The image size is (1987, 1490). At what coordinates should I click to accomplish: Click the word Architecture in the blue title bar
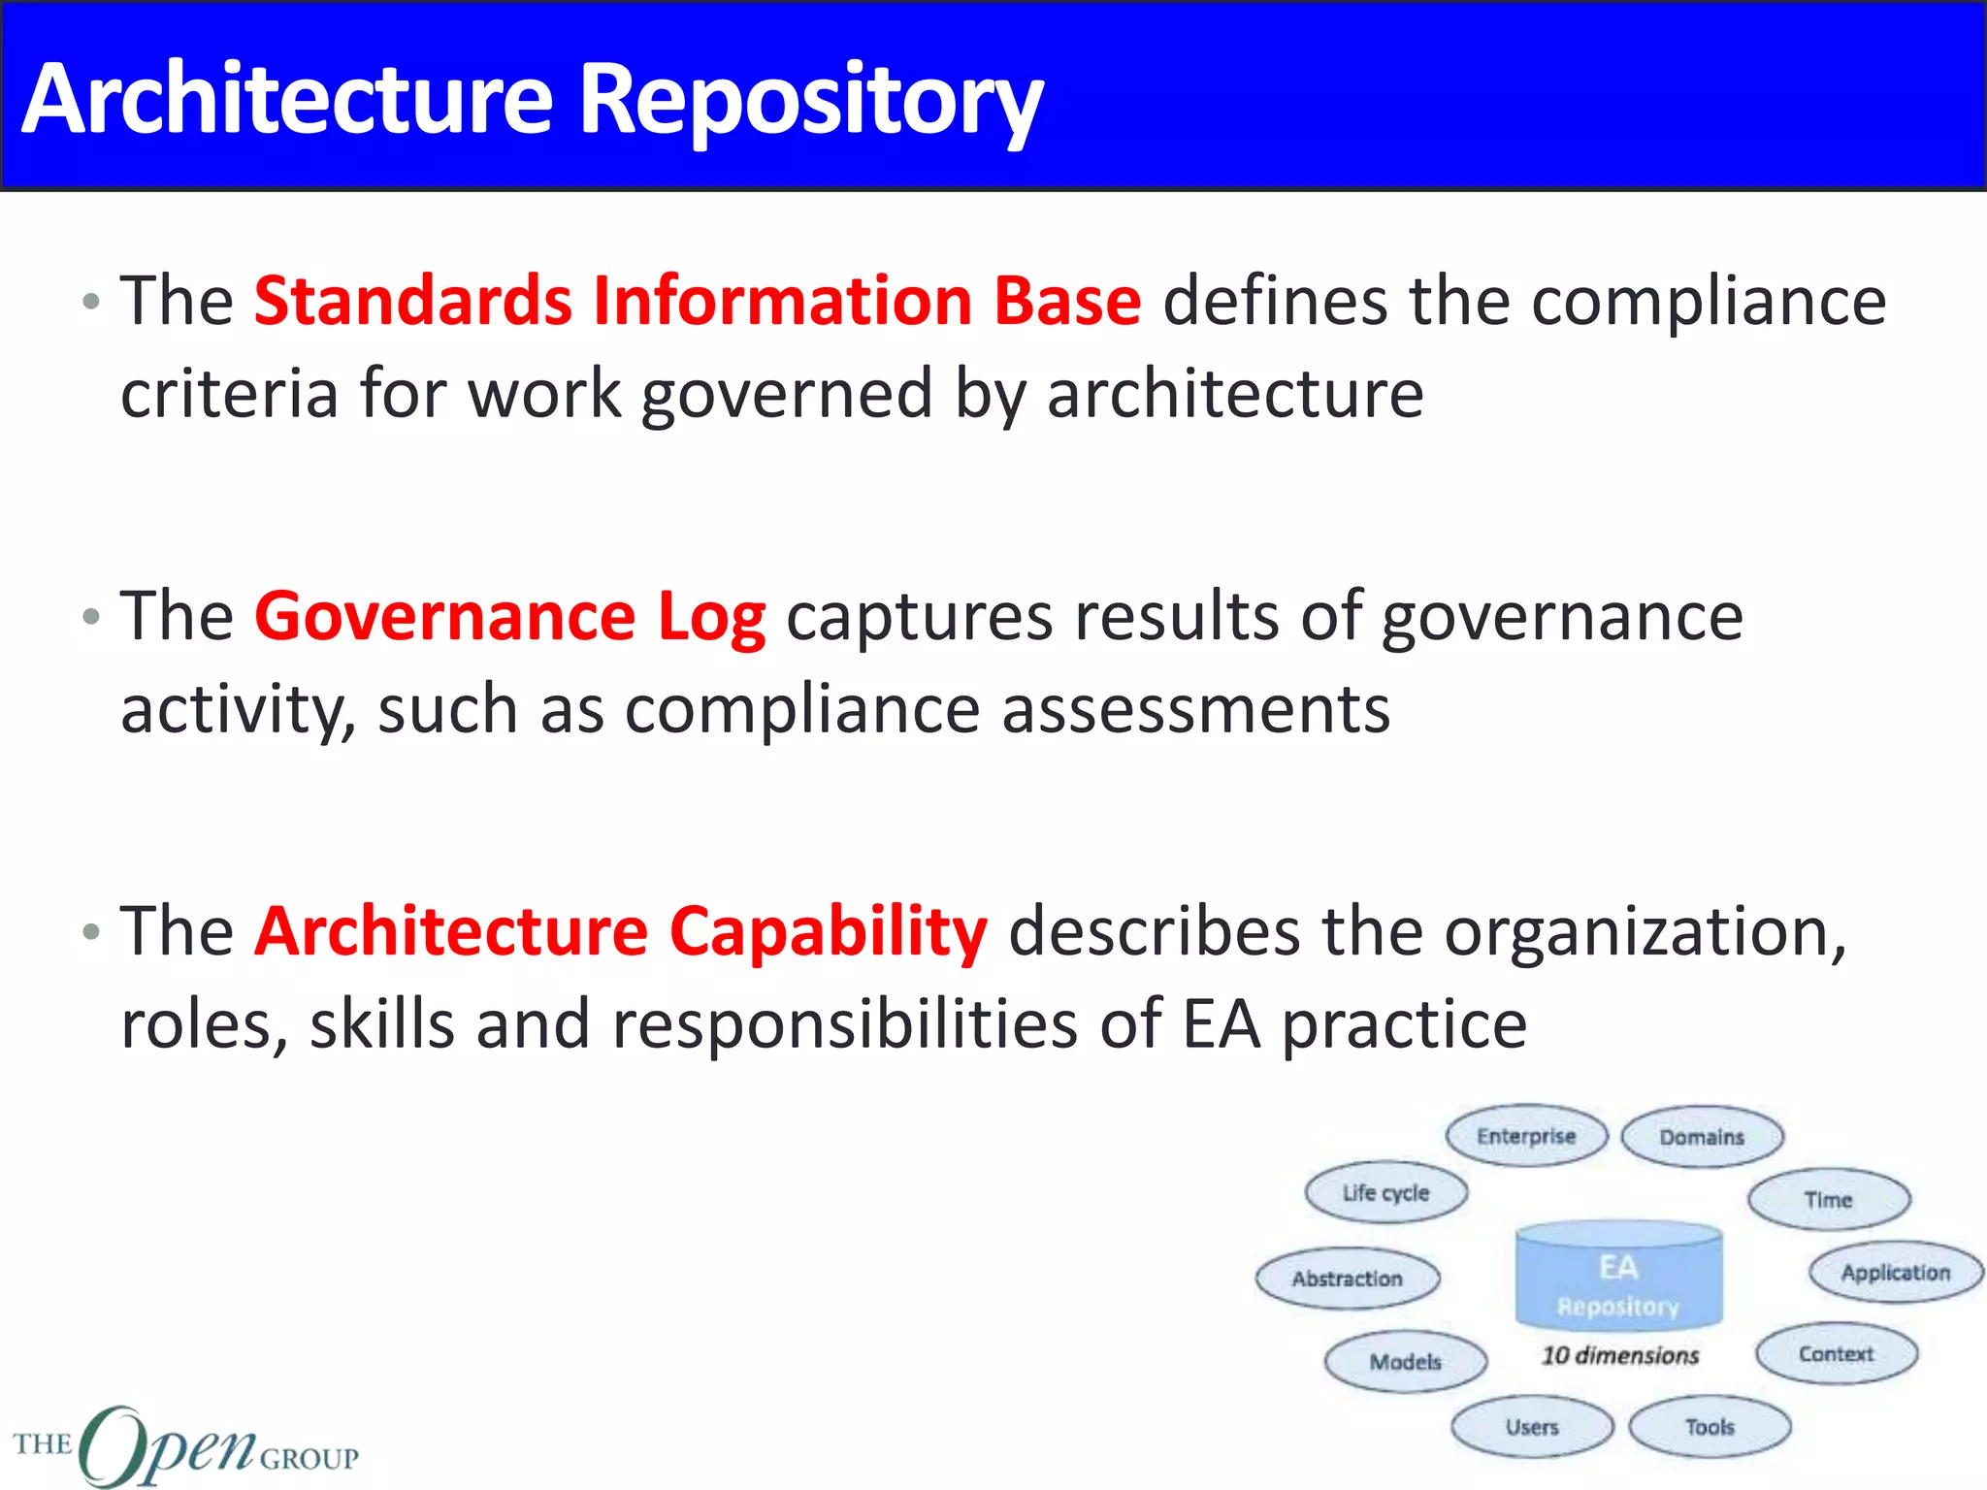(287, 100)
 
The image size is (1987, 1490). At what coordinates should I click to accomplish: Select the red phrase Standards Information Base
(698, 301)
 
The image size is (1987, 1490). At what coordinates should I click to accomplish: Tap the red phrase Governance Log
(509, 617)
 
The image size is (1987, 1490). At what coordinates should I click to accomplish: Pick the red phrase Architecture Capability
(621, 932)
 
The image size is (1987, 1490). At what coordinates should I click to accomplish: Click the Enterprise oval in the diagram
(1526, 1136)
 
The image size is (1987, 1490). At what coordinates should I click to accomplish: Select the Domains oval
(1702, 1137)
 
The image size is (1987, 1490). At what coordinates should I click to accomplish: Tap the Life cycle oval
(1385, 1193)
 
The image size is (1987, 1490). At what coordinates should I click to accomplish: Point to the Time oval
(1829, 1200)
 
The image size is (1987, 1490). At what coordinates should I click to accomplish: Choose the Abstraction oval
(1347, 1279)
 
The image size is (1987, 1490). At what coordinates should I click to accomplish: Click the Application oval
(1896, 1273)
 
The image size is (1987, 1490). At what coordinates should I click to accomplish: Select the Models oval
(1405, 1362)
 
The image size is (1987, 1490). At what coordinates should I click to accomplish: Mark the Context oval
(1836, 1354)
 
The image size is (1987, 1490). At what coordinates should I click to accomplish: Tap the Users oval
(1532, 1427)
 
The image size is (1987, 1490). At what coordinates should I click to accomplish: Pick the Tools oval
(1710, 1427)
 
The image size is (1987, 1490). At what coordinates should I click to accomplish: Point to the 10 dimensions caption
(1620, 1355)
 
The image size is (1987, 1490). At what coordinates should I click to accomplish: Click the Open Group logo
(184, 1445)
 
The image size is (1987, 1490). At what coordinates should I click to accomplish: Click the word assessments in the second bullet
(1195, 710)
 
